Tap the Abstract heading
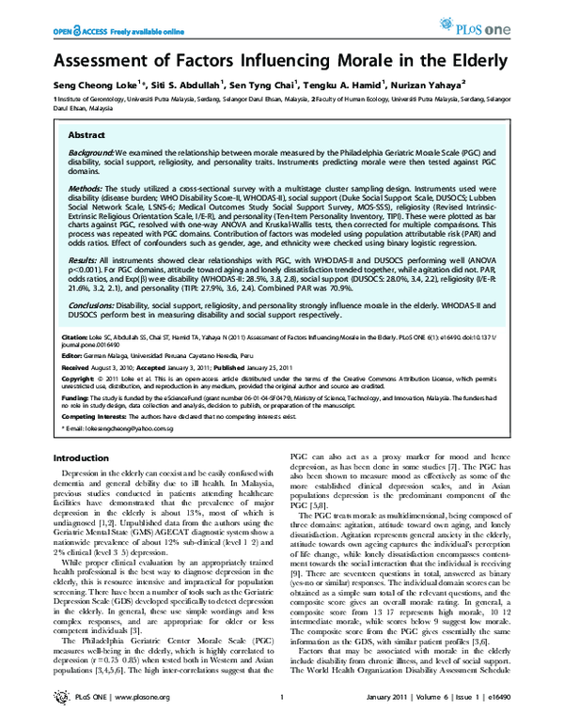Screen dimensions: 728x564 [86, 136]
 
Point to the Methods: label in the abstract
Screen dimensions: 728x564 [86, 188]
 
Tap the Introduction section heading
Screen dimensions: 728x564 [86, 457]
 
